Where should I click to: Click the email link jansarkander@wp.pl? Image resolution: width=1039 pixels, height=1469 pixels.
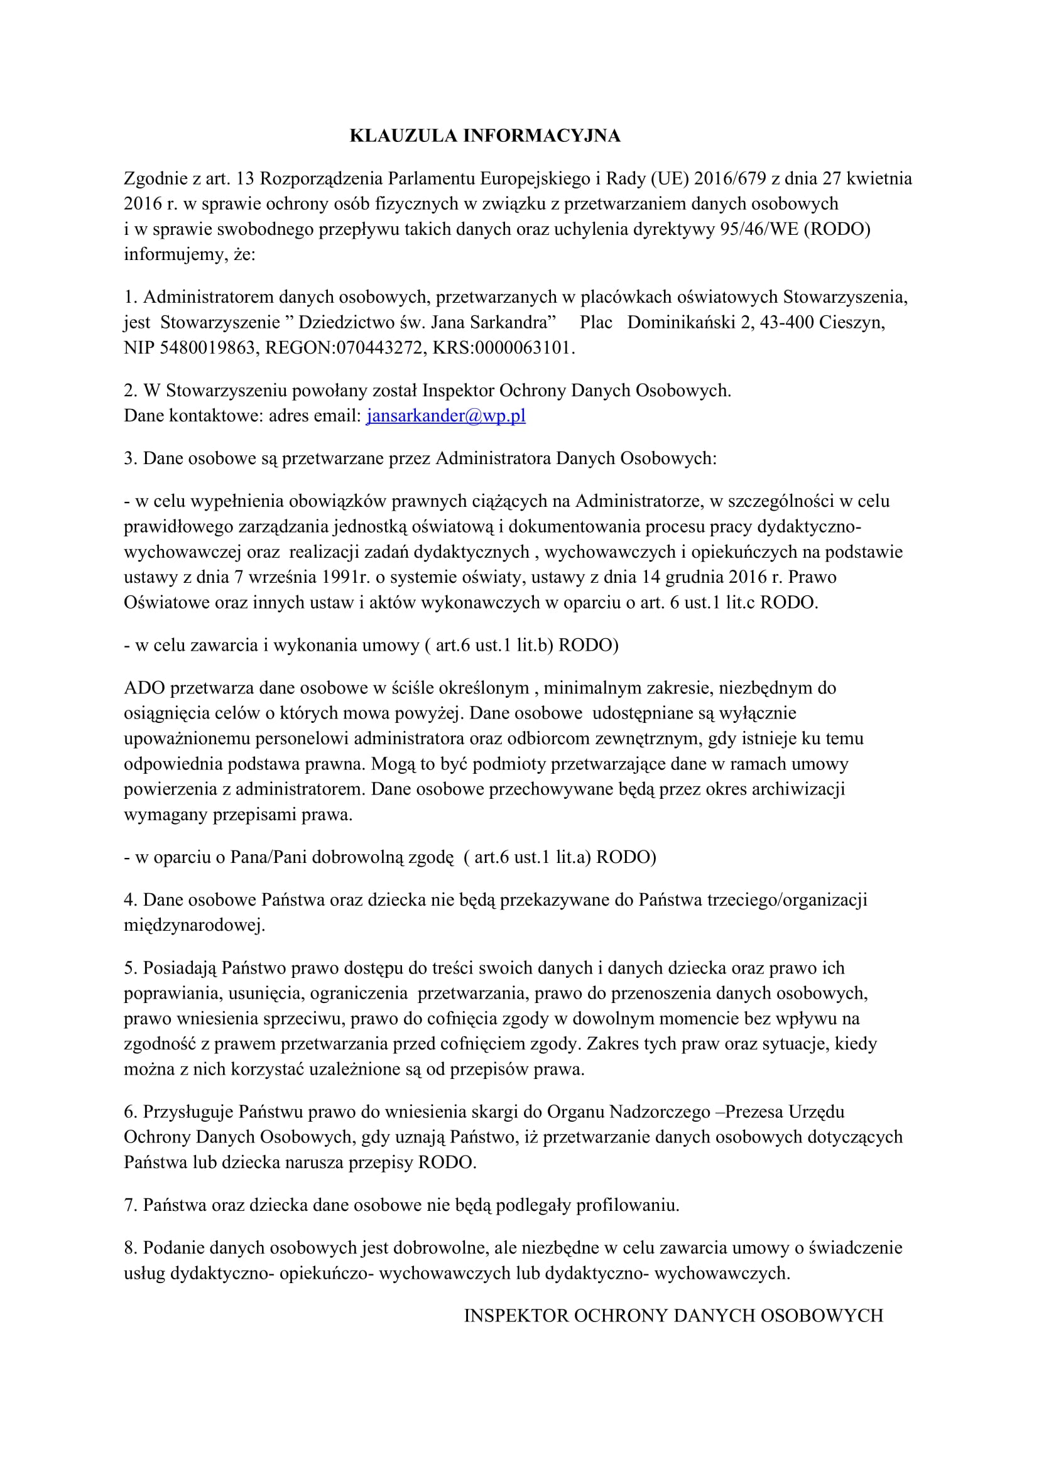click(x=446, y=416)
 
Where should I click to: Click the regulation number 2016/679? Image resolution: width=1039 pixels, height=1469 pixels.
click(x=730, y=178)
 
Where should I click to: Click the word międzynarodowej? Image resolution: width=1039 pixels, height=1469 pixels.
click(x=194, y=925)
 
